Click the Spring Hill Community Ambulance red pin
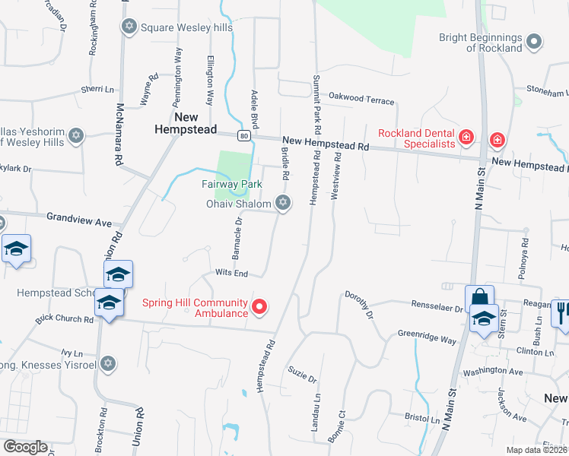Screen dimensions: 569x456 260,307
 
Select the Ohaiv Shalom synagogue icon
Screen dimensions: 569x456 283,202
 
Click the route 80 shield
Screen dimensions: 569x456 243,135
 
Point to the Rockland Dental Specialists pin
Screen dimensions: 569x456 466,138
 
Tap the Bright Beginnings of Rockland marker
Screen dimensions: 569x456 534,41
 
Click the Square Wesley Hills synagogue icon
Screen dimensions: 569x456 129,27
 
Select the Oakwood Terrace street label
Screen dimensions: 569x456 361,100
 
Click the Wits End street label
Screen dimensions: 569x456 231,273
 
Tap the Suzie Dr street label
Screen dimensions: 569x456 302,374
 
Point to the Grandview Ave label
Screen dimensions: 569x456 79,220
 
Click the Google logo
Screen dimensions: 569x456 25,447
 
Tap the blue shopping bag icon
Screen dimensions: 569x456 479,297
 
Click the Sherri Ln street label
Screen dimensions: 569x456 97,90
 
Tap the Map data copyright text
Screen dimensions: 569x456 536,450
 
